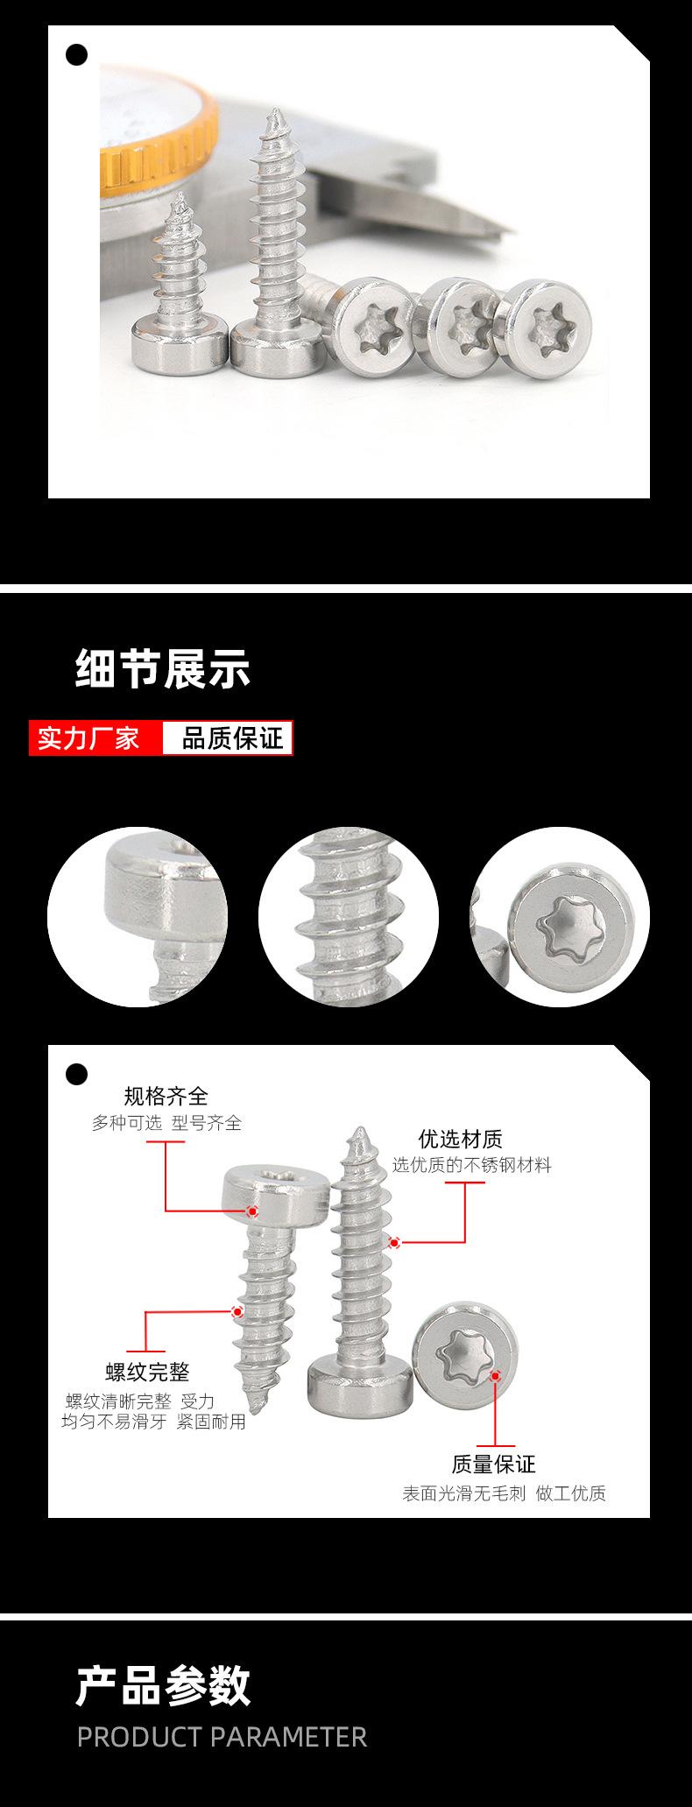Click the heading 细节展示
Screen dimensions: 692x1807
pos(163,669)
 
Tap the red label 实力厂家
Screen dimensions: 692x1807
pos(88,738)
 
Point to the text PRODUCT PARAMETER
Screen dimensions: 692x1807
pos(222,1737)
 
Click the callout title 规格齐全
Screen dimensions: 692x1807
pos(166,1095)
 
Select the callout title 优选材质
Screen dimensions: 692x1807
pos(460,1139)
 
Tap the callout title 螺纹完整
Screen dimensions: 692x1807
pos(147,1371)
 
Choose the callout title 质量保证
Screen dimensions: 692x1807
pos(493,1464)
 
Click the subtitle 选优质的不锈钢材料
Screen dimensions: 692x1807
pos(471,1165)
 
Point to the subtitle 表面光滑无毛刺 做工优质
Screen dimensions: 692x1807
pos(504,1493)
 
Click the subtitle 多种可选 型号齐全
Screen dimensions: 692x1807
pos(166,1122)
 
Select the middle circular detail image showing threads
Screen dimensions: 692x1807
pos(349,916)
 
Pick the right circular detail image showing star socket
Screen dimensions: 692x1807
pos(561,916)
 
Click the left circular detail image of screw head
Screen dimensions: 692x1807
pos(138,916)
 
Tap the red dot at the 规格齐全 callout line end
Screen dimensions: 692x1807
pos(252,1211)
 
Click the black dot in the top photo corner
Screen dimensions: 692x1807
pos(77,54)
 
